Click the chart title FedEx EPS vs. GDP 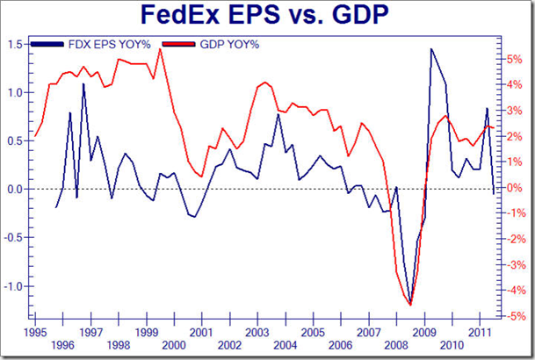coord(268,18)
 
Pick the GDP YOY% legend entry coord(229,43)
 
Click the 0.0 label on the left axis coord(15,189)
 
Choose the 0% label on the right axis coord(517,188)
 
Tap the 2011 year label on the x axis coord(481,333)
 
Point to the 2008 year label coord(397,345)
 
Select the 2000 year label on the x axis coord(174,345)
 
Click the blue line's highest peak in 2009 coord(431,49)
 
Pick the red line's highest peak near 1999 coord(160,49)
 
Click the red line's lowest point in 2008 coord(409,305)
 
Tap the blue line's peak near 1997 coord(83,84)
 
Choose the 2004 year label coord(286,345)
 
